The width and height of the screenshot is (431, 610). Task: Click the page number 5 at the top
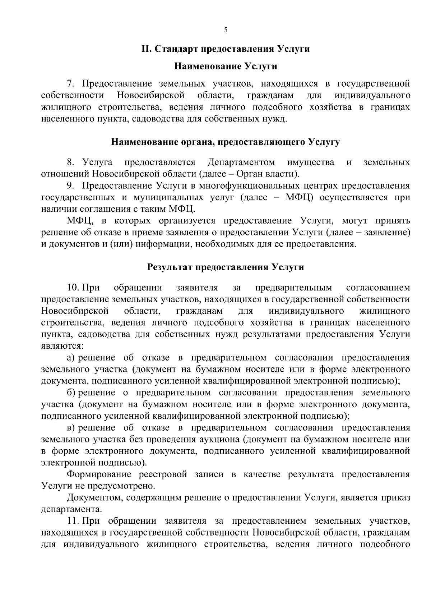pos(226,30)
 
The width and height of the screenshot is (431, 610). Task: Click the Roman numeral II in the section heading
pos(145,49)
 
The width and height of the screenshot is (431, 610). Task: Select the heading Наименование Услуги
pos(226,66)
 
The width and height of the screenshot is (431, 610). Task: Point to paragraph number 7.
pos(70,84)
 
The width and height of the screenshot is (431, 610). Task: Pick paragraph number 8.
pos(70,162)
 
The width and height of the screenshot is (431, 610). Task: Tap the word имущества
pos(311,162)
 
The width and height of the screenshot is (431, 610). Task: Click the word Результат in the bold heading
pos(171,267)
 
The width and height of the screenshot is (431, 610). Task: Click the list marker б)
pos(71,393)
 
